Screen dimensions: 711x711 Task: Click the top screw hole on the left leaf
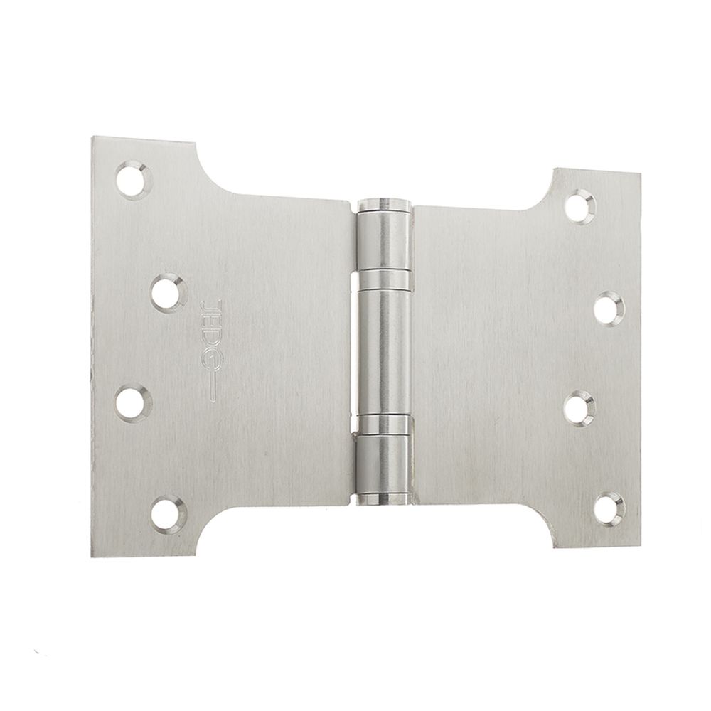click(x=134, y=178)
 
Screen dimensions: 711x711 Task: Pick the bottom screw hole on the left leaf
click(x=168, y=513)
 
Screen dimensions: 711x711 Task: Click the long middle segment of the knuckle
click(x=384, y=348)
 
